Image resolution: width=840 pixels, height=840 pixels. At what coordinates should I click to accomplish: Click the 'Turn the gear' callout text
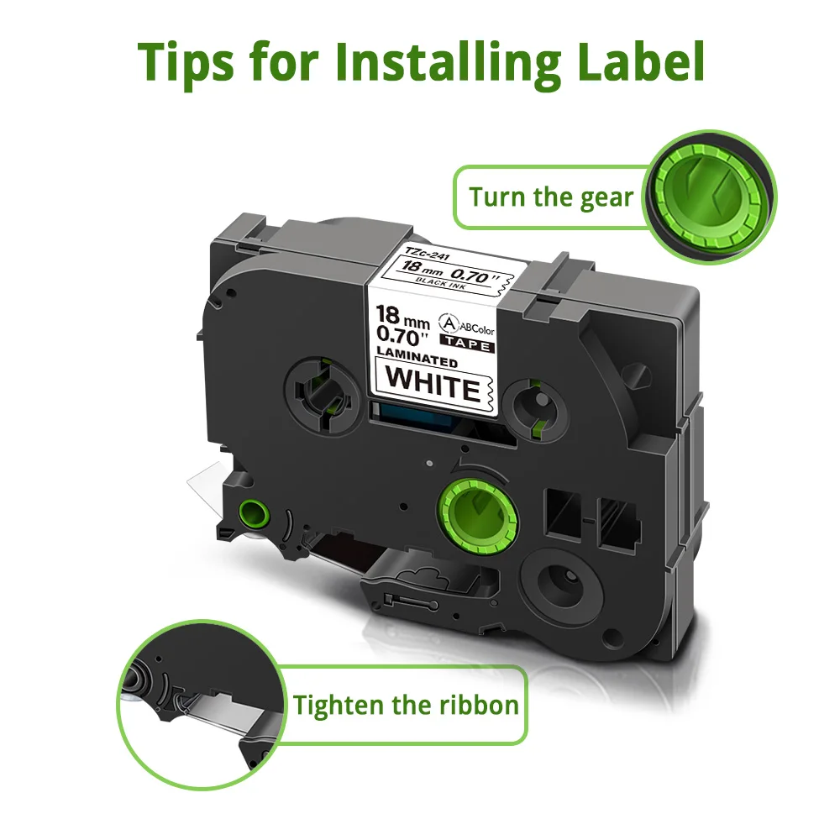550,197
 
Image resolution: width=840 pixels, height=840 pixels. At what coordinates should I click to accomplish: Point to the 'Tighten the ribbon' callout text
406,704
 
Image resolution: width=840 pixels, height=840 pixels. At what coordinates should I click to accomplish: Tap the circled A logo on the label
446,323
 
